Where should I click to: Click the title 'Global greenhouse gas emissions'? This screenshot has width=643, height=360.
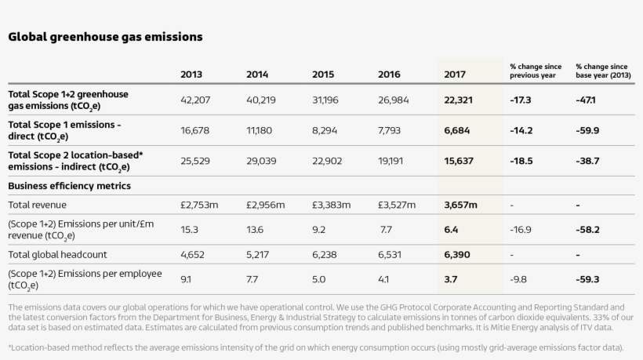[x=105, y=37]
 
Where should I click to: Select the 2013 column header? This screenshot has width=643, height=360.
[x=191, y=75]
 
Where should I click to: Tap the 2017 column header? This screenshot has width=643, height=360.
[x=455, y=75]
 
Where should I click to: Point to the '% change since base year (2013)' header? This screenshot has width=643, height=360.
[x=601, y=71]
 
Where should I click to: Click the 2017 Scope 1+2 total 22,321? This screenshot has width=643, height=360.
[x=459, y=100]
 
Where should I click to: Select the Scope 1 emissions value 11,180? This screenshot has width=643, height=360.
[x=260, y=130]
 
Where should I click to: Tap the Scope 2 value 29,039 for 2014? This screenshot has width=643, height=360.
[x=262, y=161]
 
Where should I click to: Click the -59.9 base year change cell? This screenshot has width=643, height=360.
[x=587, y=130]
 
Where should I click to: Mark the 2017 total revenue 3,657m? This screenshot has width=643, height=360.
[x=460, y=205]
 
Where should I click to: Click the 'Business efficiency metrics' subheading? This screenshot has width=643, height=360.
[x=69, y=186]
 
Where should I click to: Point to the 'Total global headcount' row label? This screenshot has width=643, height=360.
[x=57, y=255]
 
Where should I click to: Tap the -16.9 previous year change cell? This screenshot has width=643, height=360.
[x=520, y=230]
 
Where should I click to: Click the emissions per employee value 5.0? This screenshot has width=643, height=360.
[x=319, y=279]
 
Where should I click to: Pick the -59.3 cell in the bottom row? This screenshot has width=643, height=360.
[x=587, y=279]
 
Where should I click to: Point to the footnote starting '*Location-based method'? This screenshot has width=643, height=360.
[x=316, y=347]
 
